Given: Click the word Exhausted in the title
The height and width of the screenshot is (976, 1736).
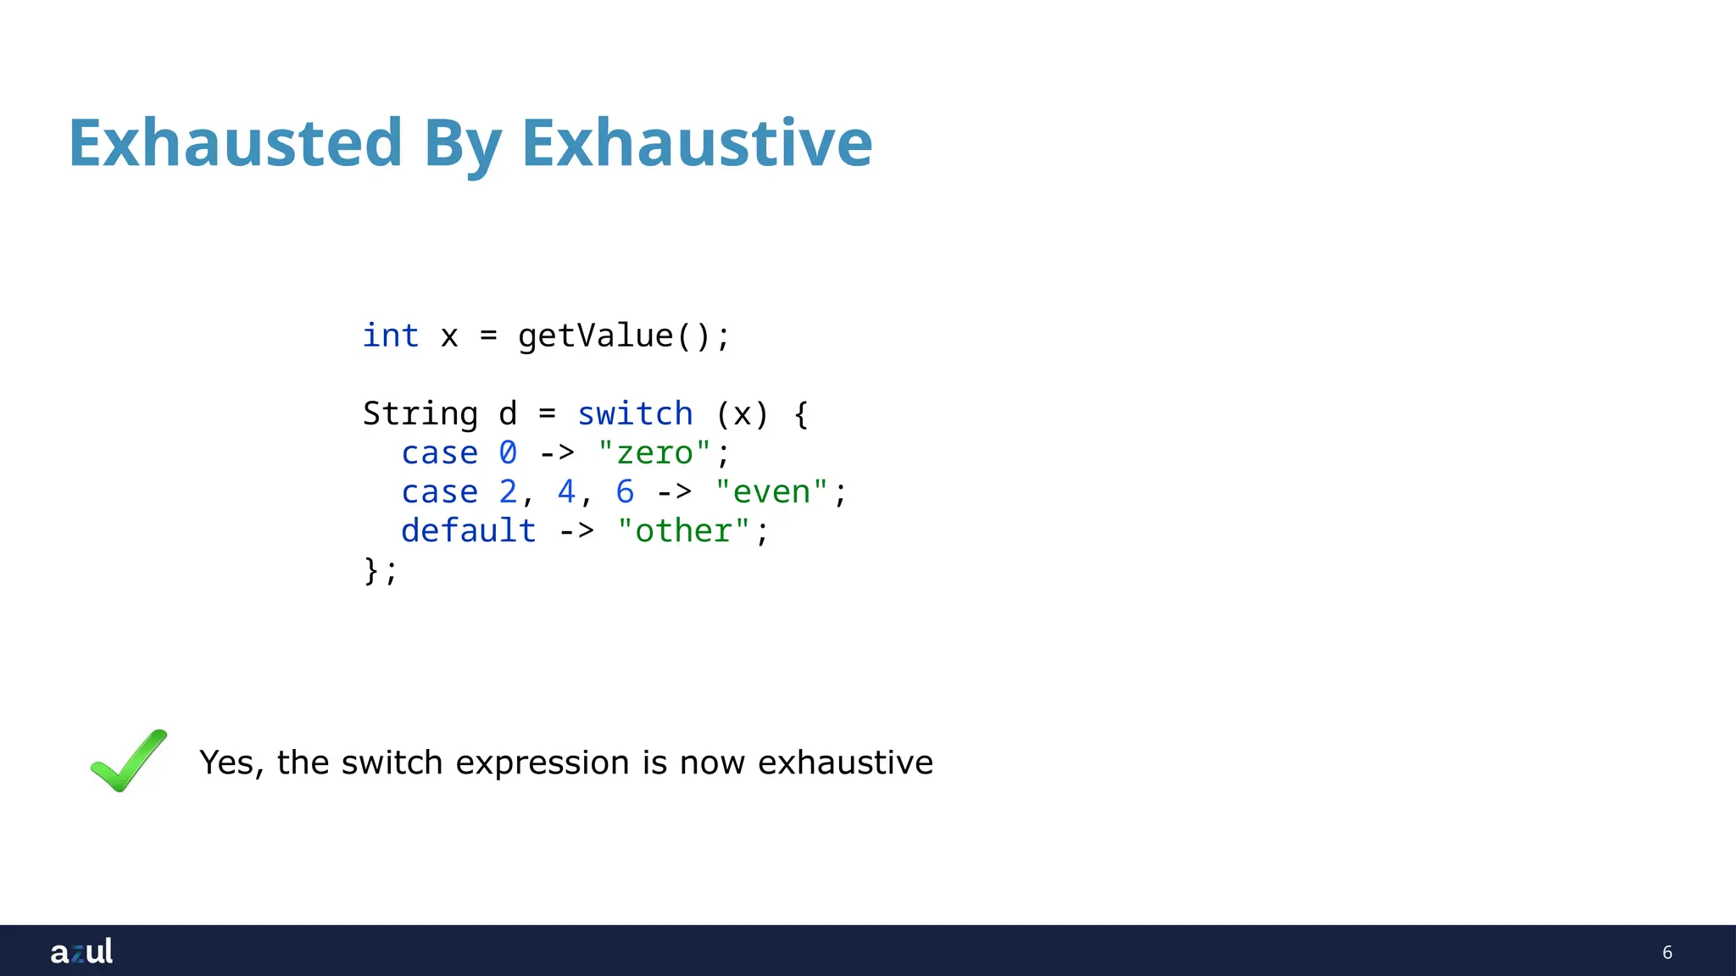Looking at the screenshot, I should click(235, 142).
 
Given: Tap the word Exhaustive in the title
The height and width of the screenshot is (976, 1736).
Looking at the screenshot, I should click(697, 142).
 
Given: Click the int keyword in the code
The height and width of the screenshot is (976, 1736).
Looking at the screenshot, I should click(391, 335).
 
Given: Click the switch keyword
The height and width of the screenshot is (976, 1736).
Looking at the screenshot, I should click(635, 413).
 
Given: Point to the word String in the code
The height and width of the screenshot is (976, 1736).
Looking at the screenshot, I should click(420, 413).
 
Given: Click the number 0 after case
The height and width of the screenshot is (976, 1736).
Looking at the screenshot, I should click(508, 452).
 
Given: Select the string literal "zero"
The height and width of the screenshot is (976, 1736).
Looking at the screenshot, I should click(654, 452).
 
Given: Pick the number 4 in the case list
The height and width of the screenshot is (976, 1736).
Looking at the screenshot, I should click(566, 491).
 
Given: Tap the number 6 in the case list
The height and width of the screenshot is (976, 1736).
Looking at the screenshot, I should click(625, 491).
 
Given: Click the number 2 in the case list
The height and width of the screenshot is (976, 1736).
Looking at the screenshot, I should click(508, 491).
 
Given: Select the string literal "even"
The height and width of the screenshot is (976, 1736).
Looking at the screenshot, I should click(771, 491).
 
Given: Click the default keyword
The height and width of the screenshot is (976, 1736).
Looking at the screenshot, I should click(469, 530).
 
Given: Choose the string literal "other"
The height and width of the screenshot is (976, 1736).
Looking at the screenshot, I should click(683, 530).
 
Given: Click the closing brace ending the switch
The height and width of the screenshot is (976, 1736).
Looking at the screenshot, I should click(371, 569).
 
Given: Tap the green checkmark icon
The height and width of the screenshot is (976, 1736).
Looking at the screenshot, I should click(129, 760).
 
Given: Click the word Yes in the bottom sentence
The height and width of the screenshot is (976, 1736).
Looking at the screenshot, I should click(225, 762).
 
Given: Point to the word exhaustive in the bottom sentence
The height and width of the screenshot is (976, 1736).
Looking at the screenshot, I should click(845, 762).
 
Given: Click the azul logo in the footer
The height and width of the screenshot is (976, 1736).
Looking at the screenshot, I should click(81, 951).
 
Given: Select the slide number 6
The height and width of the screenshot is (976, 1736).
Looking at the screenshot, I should click(1667, 952).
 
